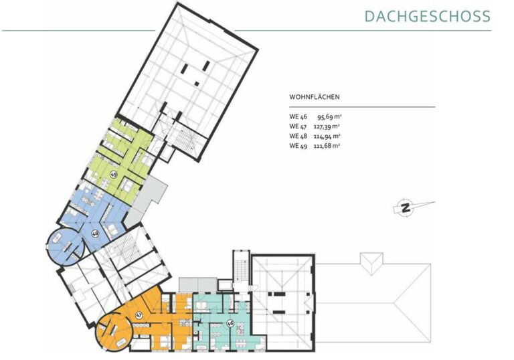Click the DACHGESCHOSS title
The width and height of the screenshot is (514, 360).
coord(427,16)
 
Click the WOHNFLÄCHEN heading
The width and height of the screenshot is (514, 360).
coord(314,97)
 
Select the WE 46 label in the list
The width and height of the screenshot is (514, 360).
coord(298,116)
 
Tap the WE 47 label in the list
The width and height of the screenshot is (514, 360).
coord(298,126)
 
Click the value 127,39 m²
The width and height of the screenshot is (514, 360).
coord(327,126)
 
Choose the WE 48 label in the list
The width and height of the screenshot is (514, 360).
coord(298,136)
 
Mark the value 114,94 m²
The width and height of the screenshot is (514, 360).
coord(327,137)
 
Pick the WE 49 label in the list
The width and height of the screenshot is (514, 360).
coord(298,146)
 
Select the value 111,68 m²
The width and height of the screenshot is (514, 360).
coord(327,146)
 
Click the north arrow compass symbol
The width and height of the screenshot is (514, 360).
coord(406,207)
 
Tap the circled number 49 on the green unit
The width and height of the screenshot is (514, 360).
coord(114,174)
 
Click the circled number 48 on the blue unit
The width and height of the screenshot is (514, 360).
coord(96,234)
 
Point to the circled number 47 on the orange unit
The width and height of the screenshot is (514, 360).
coord(139,315)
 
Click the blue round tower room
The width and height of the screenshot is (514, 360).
coord(65,245)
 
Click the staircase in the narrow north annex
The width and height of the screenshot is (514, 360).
coord(241,268)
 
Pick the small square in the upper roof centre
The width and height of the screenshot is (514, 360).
coord(197,83)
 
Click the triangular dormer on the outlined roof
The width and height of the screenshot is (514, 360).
coord(371,263)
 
